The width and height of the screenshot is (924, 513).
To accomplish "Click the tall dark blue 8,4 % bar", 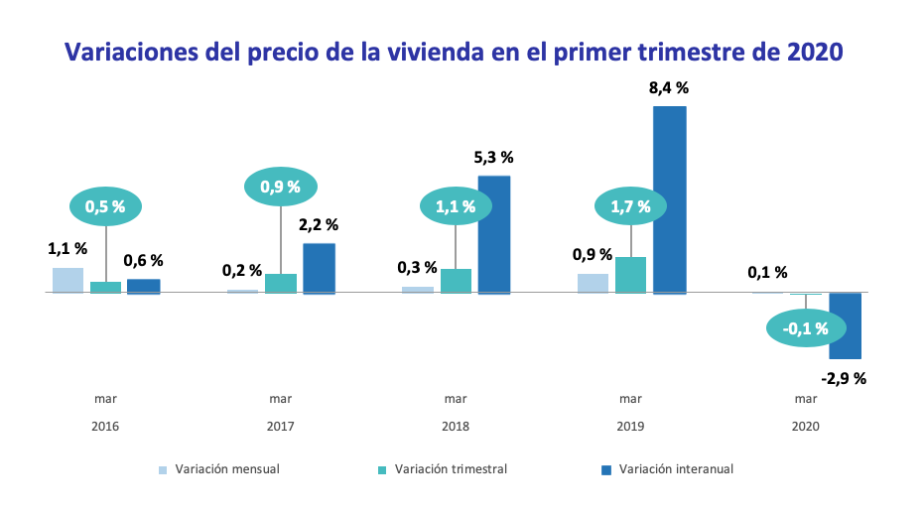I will [x=669, y=199].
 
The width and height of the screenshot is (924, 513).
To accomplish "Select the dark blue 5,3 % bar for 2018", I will [x=494, y=234].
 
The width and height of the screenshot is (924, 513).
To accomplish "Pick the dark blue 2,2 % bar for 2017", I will [x=319, y=268].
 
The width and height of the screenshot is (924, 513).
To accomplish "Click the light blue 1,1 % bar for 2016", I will [x=67, y=280].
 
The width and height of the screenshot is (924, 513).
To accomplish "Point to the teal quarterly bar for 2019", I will [x=630, y=275].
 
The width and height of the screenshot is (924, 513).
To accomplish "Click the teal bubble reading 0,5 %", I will [x=105, y=206].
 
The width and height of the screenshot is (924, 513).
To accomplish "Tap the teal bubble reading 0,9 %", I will [x=281, y=186].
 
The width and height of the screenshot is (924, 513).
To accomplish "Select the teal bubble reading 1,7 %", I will [x=630, y=206].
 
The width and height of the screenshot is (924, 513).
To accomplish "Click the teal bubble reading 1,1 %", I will [x=456, y=206].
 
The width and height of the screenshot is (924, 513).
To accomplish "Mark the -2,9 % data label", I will [x=844, y=378].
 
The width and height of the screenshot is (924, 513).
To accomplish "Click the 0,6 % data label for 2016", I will [x=143, y=260].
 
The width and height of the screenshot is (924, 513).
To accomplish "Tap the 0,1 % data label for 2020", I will [x=767, y=272].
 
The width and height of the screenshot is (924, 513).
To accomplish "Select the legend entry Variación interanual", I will [x=675, y=469].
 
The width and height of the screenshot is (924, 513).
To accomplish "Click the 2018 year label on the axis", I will [x=456, y=427].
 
